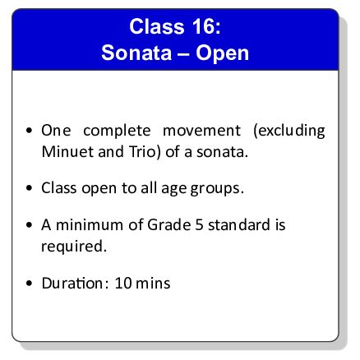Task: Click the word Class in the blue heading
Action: point(157,25)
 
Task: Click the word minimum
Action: point(94,224)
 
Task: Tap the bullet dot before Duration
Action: point(30,284)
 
